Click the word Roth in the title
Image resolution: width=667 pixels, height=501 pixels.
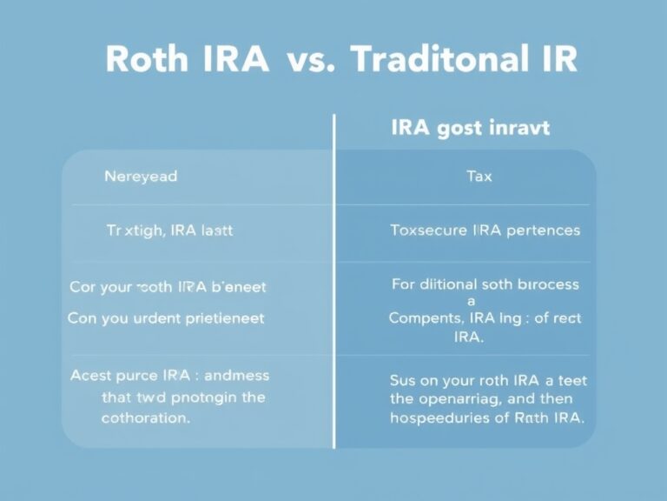coord(146,60)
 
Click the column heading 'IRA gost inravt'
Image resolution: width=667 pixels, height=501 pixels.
coord(470,129)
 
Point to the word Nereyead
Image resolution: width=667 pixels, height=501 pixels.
coord(141,177)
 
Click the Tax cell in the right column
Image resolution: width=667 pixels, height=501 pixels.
coord(479,177)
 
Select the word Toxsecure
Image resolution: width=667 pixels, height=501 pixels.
coord(427,231)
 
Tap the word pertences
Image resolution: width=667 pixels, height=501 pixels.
coord(544,231)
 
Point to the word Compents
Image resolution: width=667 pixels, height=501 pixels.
coord(423,318)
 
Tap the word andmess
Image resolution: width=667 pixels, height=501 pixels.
coord(235,377)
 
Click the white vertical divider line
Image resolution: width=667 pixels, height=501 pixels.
coord(333,278)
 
